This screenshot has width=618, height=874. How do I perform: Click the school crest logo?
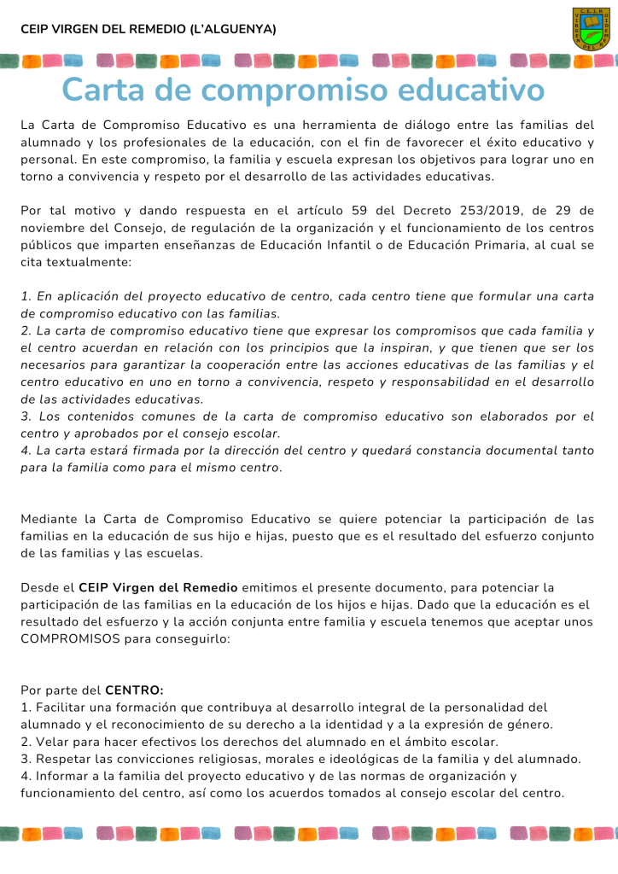[x=591, y=28]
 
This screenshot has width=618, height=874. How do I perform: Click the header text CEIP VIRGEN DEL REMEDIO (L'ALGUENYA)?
[x=149, y=29]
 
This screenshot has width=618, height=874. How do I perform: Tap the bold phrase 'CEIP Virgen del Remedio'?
[x=159, y=587]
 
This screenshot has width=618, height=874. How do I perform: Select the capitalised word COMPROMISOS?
[x=70, y=638]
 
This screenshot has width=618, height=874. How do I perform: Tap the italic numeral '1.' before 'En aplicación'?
[x=26, y=296]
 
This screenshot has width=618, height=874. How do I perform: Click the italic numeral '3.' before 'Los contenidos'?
[x=26, y=417]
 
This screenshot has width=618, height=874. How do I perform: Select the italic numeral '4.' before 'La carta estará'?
[x=26, y=451]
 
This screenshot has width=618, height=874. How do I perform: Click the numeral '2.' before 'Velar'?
[x=26, y=742]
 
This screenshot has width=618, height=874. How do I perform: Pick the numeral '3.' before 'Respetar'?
[x=26, y=759]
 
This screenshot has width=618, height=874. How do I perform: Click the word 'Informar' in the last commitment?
[x=62, y=776]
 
